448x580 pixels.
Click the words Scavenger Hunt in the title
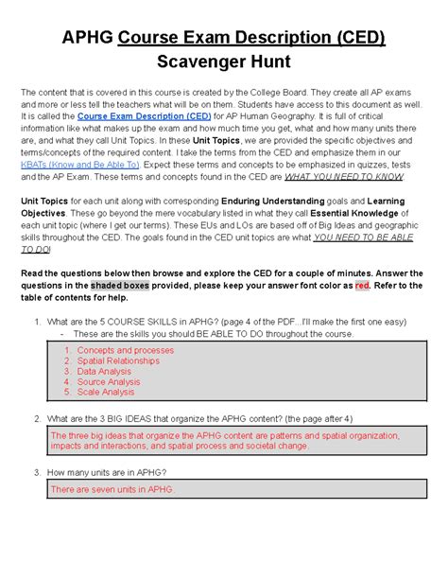pos(223,61)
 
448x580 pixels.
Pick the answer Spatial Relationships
pos(121,360)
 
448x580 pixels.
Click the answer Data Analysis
pos(108,371)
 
